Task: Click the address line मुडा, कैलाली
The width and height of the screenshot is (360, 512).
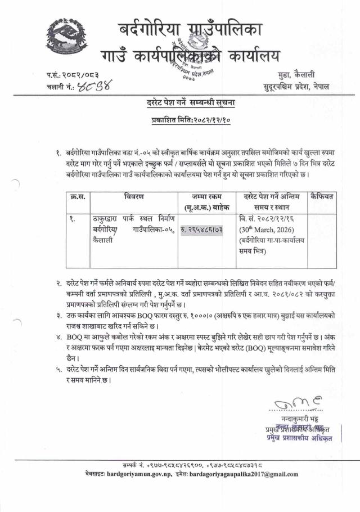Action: coord(312,75)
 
